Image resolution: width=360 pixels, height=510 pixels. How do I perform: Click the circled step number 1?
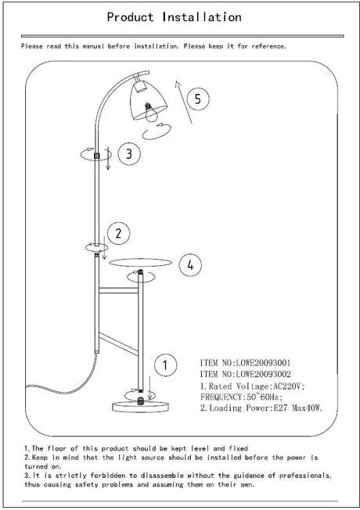click(165, 365)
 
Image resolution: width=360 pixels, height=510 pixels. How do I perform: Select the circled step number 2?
click(118, 233)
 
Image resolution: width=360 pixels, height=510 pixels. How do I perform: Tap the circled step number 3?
click(129, 153)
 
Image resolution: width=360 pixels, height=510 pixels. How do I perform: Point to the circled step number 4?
click(190, 265)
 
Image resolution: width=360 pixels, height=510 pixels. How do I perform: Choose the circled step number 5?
click(197, 99)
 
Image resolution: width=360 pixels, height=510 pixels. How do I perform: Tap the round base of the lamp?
click(140, 406)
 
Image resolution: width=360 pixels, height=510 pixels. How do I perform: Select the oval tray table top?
click(140, 262)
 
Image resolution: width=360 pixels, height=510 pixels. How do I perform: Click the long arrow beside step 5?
click(183, 102)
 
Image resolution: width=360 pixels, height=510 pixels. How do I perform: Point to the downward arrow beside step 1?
click(149, 387)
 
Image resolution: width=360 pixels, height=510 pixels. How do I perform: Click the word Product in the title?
click(130, 17)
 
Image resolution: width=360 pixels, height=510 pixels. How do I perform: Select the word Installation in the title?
click(202, 16)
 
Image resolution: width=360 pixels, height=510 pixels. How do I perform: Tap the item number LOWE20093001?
click(263, 363)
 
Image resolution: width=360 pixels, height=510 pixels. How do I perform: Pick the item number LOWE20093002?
click(263, 374)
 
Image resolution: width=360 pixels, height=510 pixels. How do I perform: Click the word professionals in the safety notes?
click(305, 476)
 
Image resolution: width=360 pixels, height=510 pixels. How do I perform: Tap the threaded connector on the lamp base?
click(141, 400)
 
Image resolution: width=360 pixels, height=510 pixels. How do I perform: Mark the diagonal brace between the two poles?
click(118, 343)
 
